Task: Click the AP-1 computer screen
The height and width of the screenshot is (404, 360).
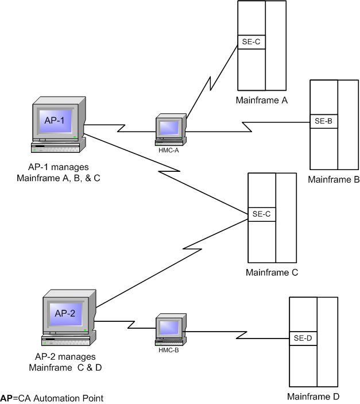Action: click(x=55, y=120)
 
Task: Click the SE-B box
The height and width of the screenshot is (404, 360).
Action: click(x=324, y=121)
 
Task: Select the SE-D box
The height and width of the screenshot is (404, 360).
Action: click(x=303, y=337)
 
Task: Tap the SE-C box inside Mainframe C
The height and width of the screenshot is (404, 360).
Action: click(x=261, y=214)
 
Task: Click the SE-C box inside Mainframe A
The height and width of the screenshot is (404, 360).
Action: click(x=251, y=42)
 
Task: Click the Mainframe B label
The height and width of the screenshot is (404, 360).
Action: click(x=334, y=179)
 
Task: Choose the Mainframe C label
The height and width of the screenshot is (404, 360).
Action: click(x=272, y=272)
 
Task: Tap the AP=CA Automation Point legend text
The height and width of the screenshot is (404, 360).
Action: click(x=52, y=398)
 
